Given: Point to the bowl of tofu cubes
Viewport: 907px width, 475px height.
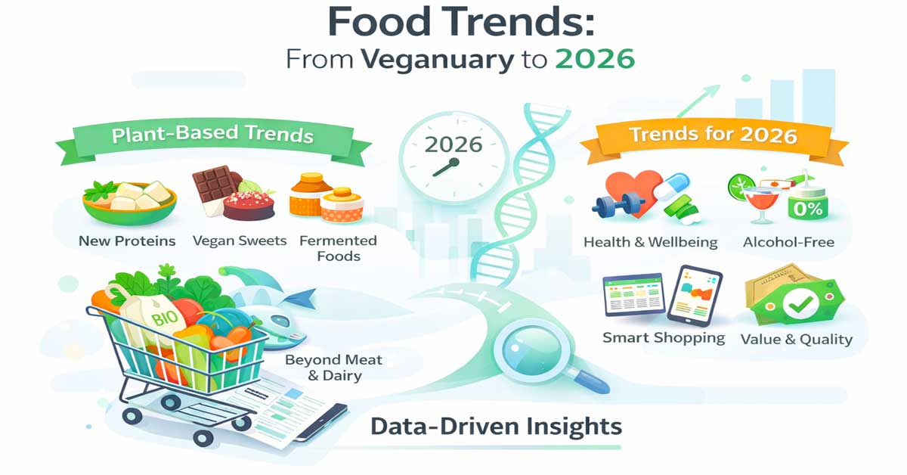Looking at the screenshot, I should [x=129, y=200].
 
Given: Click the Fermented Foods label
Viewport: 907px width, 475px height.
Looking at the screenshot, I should [x=338, y=248].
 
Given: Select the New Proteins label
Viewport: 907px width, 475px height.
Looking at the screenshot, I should [x=127, y=241].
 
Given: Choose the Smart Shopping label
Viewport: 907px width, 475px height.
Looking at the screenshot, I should [x=664, y=338].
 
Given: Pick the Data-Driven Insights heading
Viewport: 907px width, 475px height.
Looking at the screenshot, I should [x=496, y=427].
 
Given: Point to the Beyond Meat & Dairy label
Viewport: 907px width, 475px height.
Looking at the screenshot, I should [x=333, y=367].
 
